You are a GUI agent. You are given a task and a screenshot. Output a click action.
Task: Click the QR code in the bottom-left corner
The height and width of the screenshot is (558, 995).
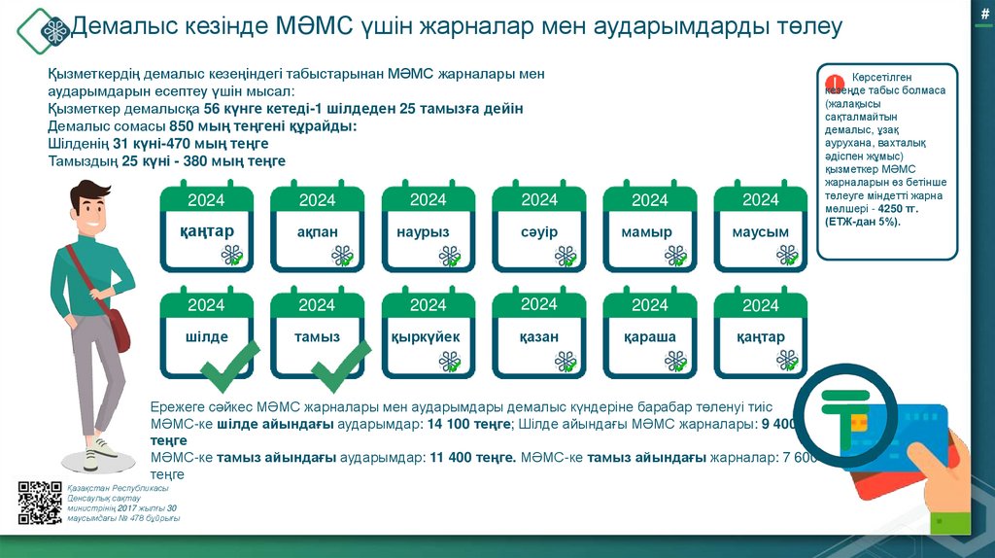[x=40, y=503]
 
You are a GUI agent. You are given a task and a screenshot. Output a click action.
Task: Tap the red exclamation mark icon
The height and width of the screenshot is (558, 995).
[x=833, y=82]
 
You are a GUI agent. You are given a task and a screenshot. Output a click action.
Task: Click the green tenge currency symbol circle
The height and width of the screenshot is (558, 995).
[x=843, y=417]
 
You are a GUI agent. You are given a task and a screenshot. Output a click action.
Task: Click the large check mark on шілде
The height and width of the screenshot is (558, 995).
[x=228, y=366]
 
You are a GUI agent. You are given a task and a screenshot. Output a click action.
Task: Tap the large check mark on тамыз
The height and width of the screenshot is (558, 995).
[x=340, y=366]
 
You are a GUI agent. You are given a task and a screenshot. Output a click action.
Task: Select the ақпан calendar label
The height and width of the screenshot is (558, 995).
[x=317, y=232]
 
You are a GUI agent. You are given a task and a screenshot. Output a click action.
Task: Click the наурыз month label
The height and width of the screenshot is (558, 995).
[x=428, y=232]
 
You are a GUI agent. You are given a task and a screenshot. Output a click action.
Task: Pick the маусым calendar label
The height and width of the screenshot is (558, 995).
[x=760, y=232]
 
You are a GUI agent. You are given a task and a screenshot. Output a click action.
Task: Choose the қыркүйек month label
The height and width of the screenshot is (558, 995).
[x=428, y=336]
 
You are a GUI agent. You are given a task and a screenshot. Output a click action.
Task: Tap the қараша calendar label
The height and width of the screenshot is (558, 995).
[x=649, y=336]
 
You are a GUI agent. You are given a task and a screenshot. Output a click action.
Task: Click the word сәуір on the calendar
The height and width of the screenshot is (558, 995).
[x=538, y=232]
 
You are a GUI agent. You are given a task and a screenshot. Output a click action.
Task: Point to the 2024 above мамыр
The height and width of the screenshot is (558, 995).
[x=649, y=200]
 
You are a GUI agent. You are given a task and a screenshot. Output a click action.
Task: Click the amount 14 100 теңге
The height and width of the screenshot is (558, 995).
[x=470, y=424]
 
